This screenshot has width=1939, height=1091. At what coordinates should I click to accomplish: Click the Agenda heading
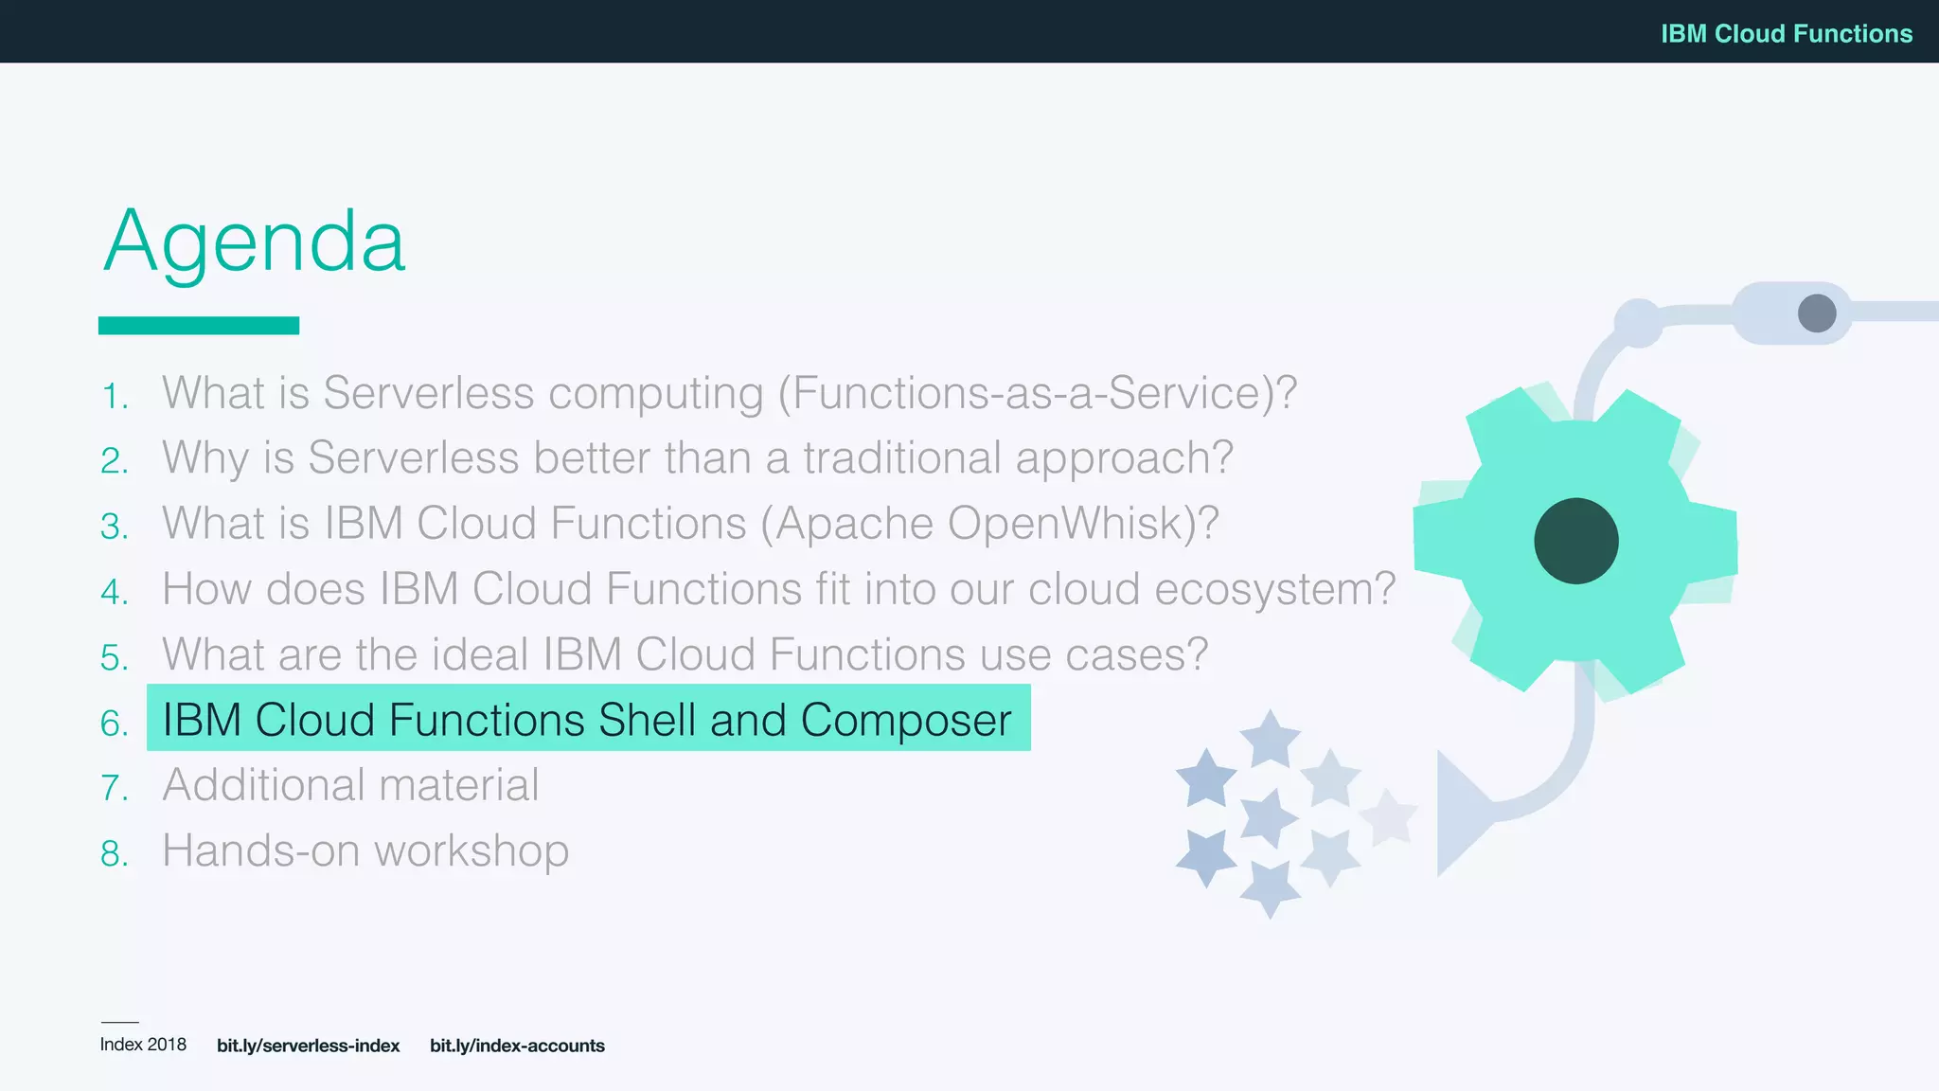[254, 242]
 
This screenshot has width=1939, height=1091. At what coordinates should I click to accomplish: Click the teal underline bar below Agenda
[199, 326]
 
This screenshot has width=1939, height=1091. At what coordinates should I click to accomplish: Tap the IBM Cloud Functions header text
[1786, 34]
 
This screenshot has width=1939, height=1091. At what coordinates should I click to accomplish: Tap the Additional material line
[350, 785]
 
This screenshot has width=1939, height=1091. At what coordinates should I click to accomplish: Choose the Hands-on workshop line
[365, 850]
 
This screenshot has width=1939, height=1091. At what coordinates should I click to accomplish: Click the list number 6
[114, 724]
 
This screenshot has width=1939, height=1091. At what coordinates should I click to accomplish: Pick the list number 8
[114, 854]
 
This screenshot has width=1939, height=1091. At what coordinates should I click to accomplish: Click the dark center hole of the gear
[1575, 541]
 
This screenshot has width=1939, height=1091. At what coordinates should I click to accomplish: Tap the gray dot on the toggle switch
[1816, 313]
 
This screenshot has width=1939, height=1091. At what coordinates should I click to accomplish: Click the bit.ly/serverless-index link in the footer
[308, 1046]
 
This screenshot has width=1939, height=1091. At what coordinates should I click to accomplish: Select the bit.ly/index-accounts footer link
[517, 1046]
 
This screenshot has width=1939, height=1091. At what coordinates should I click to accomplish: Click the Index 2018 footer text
[143, 1045]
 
